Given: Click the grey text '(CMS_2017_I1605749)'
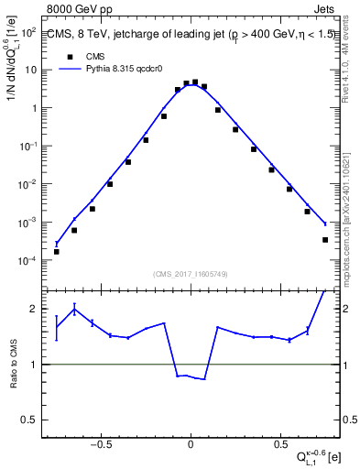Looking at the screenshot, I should (x=191, y=274).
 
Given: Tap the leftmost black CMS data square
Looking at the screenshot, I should (x=56, y=251).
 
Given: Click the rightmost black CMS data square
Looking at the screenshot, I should (x=325, y=240).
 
